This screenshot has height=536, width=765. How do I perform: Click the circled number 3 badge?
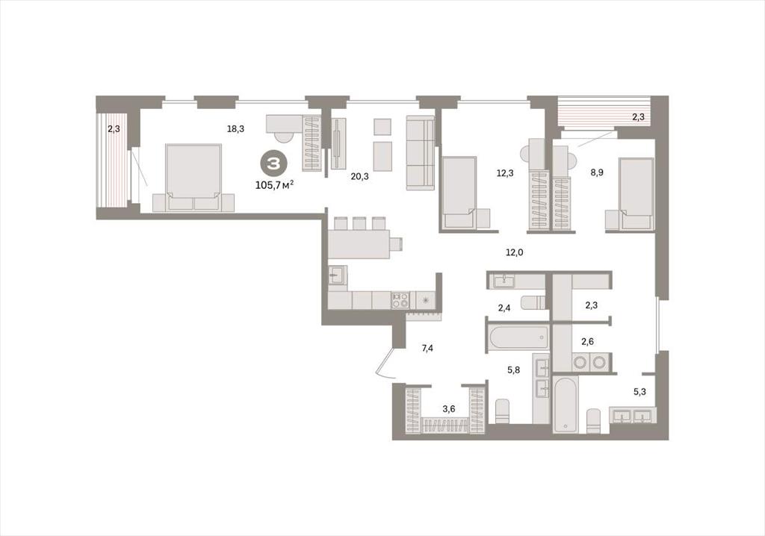(273, 163)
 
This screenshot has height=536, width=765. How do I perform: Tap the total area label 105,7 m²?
(274, 185)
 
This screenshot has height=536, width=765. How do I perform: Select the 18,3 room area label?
(235, 128)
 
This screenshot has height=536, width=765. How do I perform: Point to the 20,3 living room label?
(359, 177)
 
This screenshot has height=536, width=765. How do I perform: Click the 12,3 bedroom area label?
(504, 172)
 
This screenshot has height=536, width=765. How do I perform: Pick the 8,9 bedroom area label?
(597, 172)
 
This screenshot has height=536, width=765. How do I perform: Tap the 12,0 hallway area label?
(514, 252)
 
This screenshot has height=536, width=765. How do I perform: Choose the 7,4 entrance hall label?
(427, 348)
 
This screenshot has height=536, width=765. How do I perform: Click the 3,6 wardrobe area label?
(448, 408)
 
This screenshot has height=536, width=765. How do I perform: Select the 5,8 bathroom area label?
(513, 370)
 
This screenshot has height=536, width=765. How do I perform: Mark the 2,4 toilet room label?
(504, 308)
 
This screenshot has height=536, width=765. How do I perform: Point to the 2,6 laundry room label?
(587, 341)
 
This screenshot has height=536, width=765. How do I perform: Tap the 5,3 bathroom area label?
(639, 391)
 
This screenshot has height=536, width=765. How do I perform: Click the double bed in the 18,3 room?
(193, 178)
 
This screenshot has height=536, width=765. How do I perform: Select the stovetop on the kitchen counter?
(400, 299)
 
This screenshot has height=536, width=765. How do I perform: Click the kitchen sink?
(337, 275)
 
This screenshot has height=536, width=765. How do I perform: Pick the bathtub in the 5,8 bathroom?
(518, 338)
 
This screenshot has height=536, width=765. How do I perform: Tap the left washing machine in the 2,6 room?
(580, 362)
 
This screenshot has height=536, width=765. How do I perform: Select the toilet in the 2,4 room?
(533, 303)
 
